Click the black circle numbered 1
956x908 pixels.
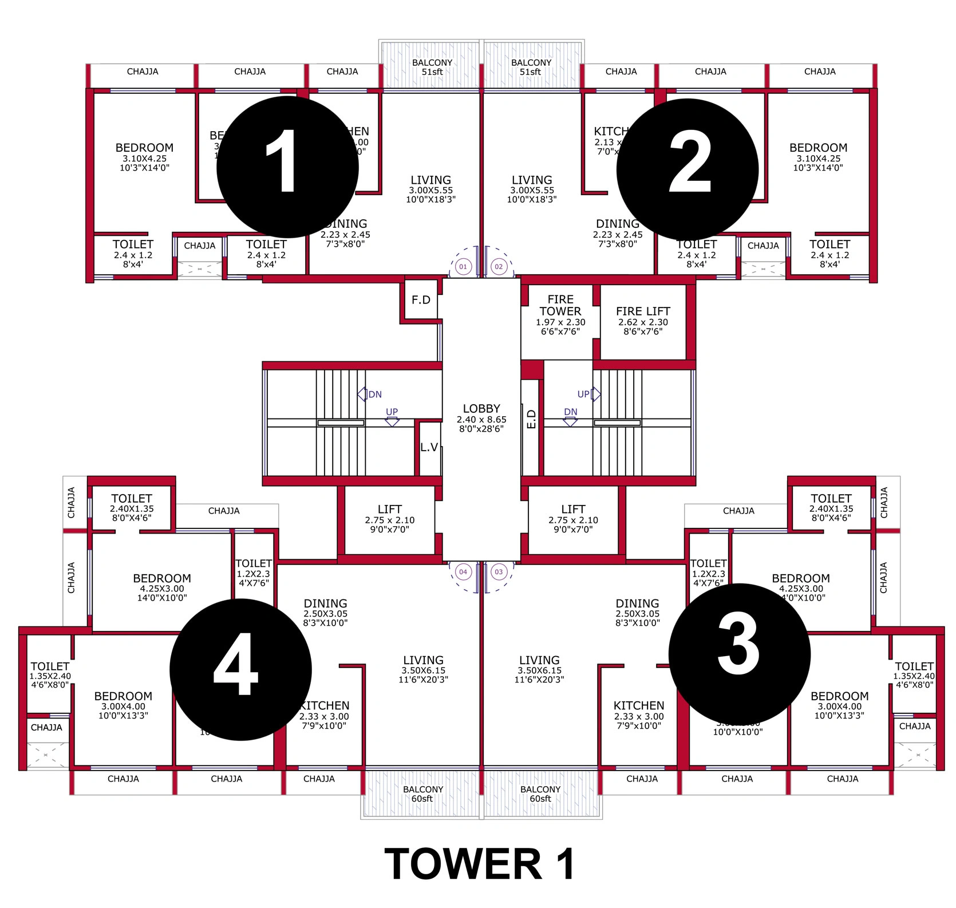click(x=287, y=166)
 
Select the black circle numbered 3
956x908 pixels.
click(x=739, y=654)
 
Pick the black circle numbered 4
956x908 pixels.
click(x=240, y=669)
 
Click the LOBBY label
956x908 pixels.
click(x=481, y=409)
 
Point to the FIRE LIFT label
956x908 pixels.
click(x=643, y=311)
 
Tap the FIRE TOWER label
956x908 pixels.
click(x=560, y=306)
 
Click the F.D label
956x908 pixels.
click(x=421, y=300)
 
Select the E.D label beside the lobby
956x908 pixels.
click(x=531, y=419)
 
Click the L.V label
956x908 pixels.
click(x=429, y=447)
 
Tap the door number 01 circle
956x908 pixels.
click(x=463, y=266)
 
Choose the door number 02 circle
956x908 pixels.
click(x=499, y=266)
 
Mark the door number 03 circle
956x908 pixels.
click(x=499, y=571)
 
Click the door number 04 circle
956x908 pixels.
click(x=463, y=571)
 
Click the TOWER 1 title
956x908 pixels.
click(x=480, y=864)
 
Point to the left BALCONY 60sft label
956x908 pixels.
click(x=422, y=793)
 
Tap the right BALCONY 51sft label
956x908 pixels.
click(x=531, y=67)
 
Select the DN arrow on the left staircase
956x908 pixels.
click(x=362, y=394)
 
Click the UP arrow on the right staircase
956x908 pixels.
click(x=596, y=394)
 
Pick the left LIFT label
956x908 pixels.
click(x=389, y=510)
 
